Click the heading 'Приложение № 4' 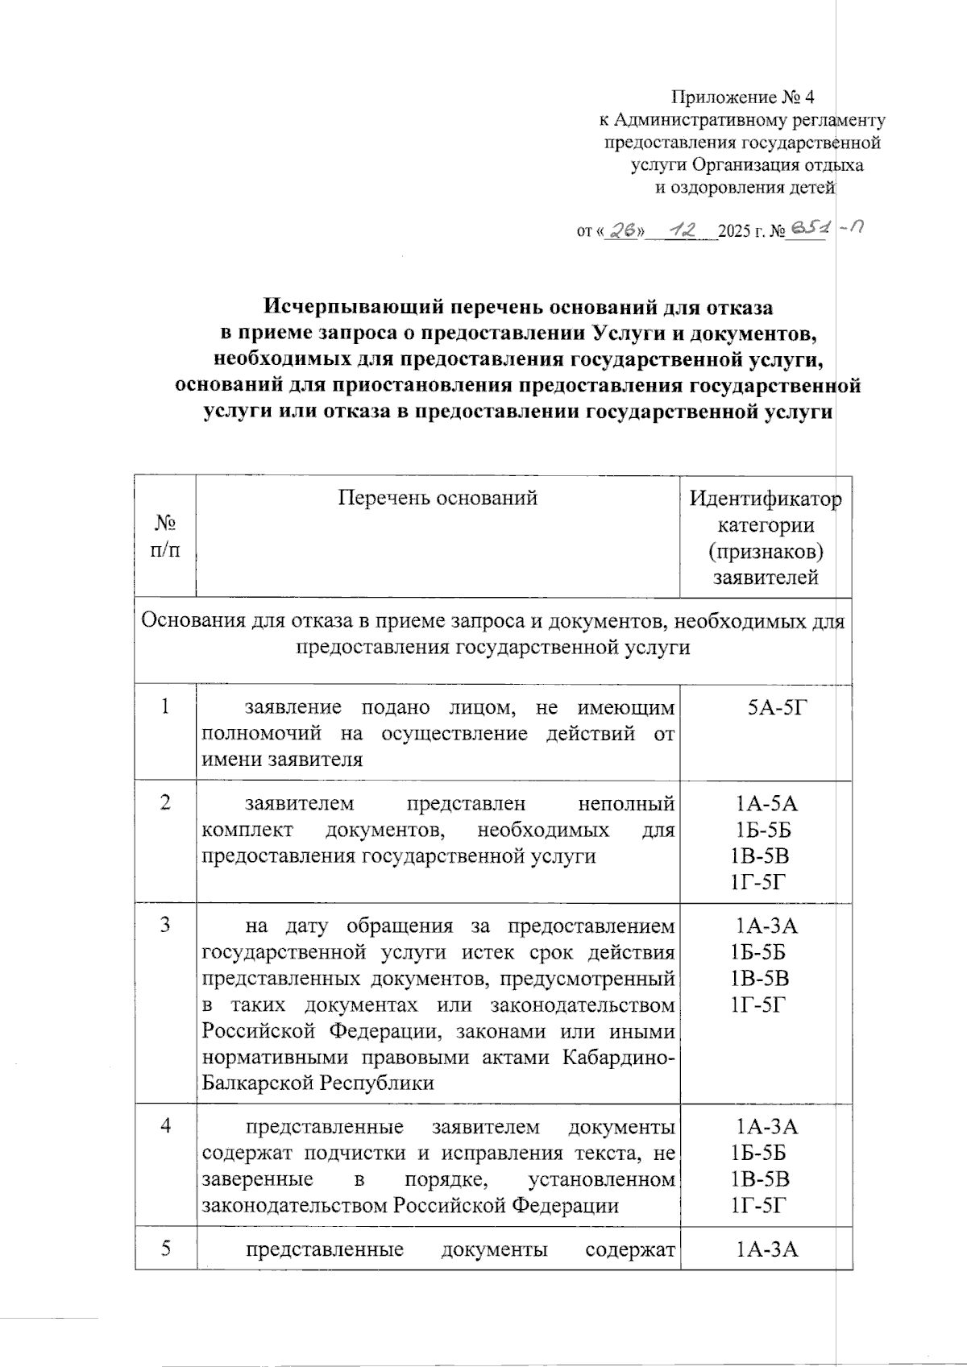(x=743, y=98)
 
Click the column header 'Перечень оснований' (x=437, y=498)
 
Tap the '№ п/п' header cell (x=165, y=536)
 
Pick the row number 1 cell (x=165, y=707)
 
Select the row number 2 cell (x=165, y=803)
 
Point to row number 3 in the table (x=165, y=925)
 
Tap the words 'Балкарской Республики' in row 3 (x=317, y=1083)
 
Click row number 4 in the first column (x=165, y=1125)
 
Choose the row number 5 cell (x=165, y=1249)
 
